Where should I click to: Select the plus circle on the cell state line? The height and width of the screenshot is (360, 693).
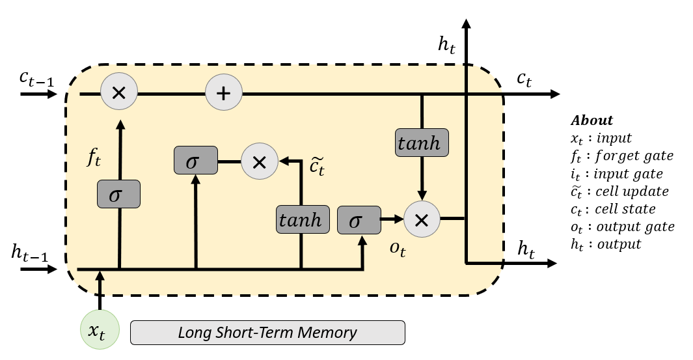pyautogui.click(x=223, y=94)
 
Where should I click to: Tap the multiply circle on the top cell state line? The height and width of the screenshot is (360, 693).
pyautogui.click(x=118, y=94)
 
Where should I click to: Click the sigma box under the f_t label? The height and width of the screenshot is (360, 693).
pyautogui.click(x=118, y=194)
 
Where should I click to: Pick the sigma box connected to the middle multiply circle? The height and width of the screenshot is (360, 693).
pyautogui.click(x=195, y=161)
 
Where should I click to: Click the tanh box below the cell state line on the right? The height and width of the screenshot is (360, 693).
pyautogui.click(x=422, y=142)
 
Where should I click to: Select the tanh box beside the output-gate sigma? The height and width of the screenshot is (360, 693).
pyautogui.click(x=300, y=219)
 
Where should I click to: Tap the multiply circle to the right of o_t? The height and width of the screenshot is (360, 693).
pyautogui.click(x=422, y=219)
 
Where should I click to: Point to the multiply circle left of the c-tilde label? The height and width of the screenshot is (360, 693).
pyautogui.click(x=259, y=161)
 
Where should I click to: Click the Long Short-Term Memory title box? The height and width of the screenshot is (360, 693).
pyautogui.click(x=267, y=333)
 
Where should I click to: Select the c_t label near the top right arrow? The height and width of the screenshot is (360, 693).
pyautogui.click(x=524, y=79)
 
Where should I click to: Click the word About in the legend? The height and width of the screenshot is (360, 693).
pyautogui.click(x=591, y=120)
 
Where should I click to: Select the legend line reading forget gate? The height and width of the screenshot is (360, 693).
pyautogui.click(x=621, y=156)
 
